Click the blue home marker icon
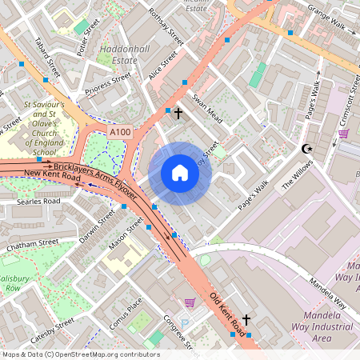[x=180, y=173]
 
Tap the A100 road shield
[x=120, y=132]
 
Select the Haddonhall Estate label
[x=120, y=54]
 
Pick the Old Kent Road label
[x=228, y=313]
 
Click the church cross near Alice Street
[x=178, y=114]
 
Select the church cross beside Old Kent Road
[x=246, y=320]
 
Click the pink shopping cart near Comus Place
[x=190, y=302]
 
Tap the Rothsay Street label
[x=166, y=26]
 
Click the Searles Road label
[x=38, y=202]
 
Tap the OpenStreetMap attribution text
[x=80, y=354]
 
